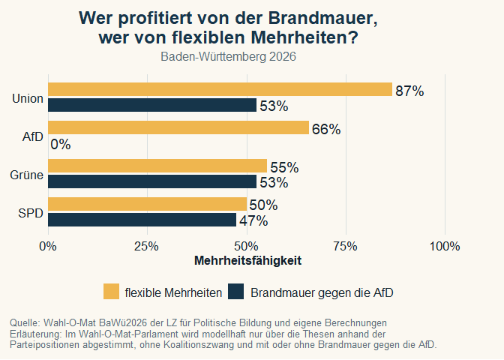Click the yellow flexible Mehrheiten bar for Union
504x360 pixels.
point(220,90)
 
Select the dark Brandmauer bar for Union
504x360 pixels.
point(152,106)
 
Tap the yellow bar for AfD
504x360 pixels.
point(178,128)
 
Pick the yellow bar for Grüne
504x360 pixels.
point(157,166)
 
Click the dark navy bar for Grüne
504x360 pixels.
point(152,182)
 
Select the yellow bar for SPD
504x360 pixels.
point(147,205)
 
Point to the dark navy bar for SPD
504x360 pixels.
point(142,220)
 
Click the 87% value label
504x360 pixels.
point(409,91)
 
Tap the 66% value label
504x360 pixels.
point(326,129)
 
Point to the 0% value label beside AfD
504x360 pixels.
point(61,145)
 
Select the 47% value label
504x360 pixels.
point(253,220)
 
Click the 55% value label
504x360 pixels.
point(284,167)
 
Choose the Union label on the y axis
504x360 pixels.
point(28,98)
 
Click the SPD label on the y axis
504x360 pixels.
point(31,213)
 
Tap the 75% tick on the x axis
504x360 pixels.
point(346,247)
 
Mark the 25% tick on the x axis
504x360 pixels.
point(147,247)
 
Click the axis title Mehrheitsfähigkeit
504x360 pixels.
point(247,261)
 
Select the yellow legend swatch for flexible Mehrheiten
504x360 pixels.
point(111,292)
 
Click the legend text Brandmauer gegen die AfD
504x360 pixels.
point(322,292)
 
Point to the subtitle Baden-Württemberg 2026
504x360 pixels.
point(229,56)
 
